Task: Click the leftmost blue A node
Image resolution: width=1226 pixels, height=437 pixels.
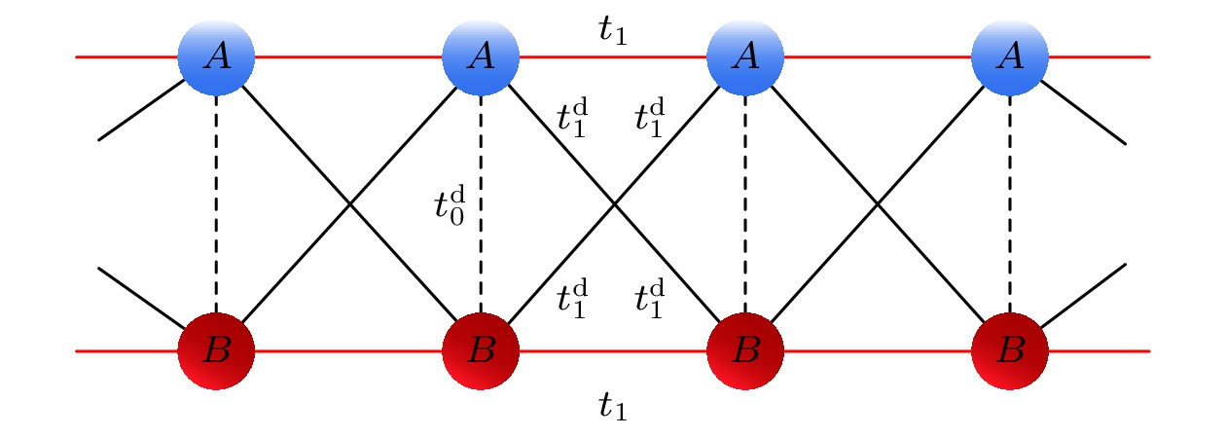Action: (216, 57)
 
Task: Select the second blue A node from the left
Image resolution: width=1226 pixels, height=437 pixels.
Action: (481, 57)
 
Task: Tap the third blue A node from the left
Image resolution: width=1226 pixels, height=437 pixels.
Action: (745, 57)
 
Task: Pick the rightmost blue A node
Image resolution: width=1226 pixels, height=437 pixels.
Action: (1010, 57)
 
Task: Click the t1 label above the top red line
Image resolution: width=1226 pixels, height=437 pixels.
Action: (612, 33)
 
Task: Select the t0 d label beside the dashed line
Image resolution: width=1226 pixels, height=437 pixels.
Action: (449, 206)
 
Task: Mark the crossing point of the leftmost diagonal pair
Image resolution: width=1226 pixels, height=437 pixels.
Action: (348, 204)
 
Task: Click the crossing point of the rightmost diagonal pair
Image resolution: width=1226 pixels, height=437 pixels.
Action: (878, 204)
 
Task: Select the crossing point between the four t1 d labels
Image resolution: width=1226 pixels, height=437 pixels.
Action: (613, 204)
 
